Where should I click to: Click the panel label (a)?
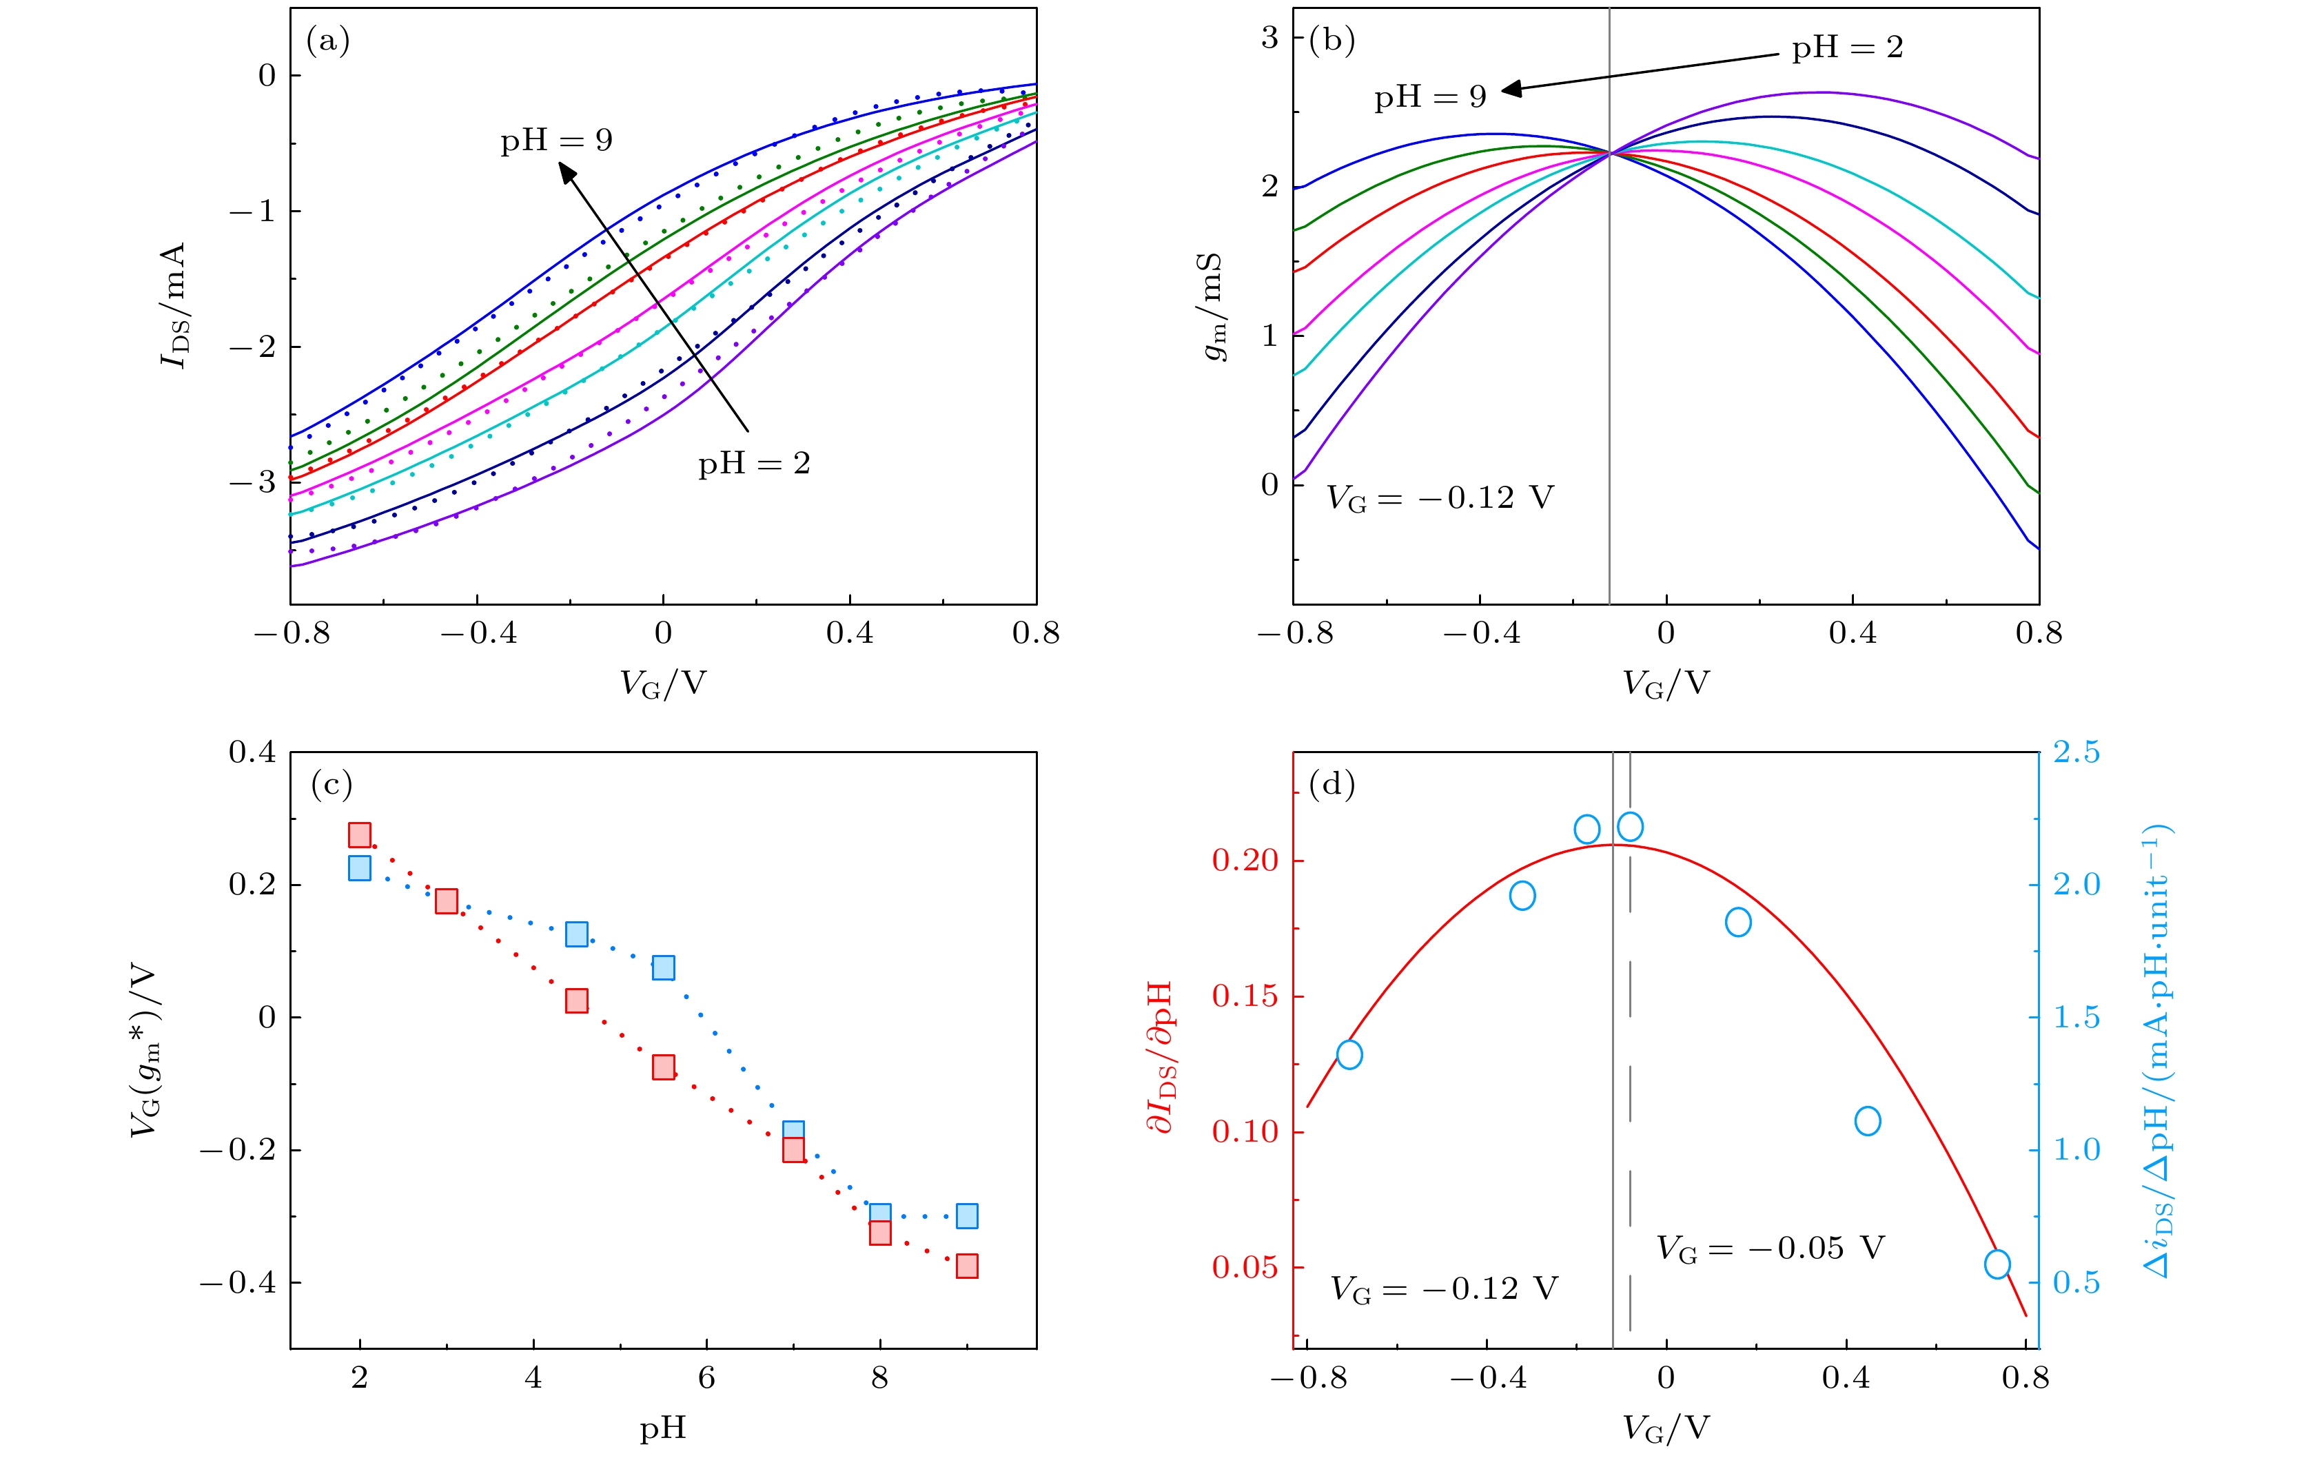point(327,41)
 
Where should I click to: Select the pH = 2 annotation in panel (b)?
point(1847,48)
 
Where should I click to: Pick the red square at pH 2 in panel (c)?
point(359,835)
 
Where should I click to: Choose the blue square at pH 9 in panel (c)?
point(966,1215)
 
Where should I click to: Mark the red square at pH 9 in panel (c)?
point(966,1266)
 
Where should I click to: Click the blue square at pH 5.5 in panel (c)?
point(663,967)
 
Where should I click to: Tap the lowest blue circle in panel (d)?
point(1997,1264)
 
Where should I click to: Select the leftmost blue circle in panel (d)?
point(1349,1054)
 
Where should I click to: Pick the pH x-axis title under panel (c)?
point(663,1429)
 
